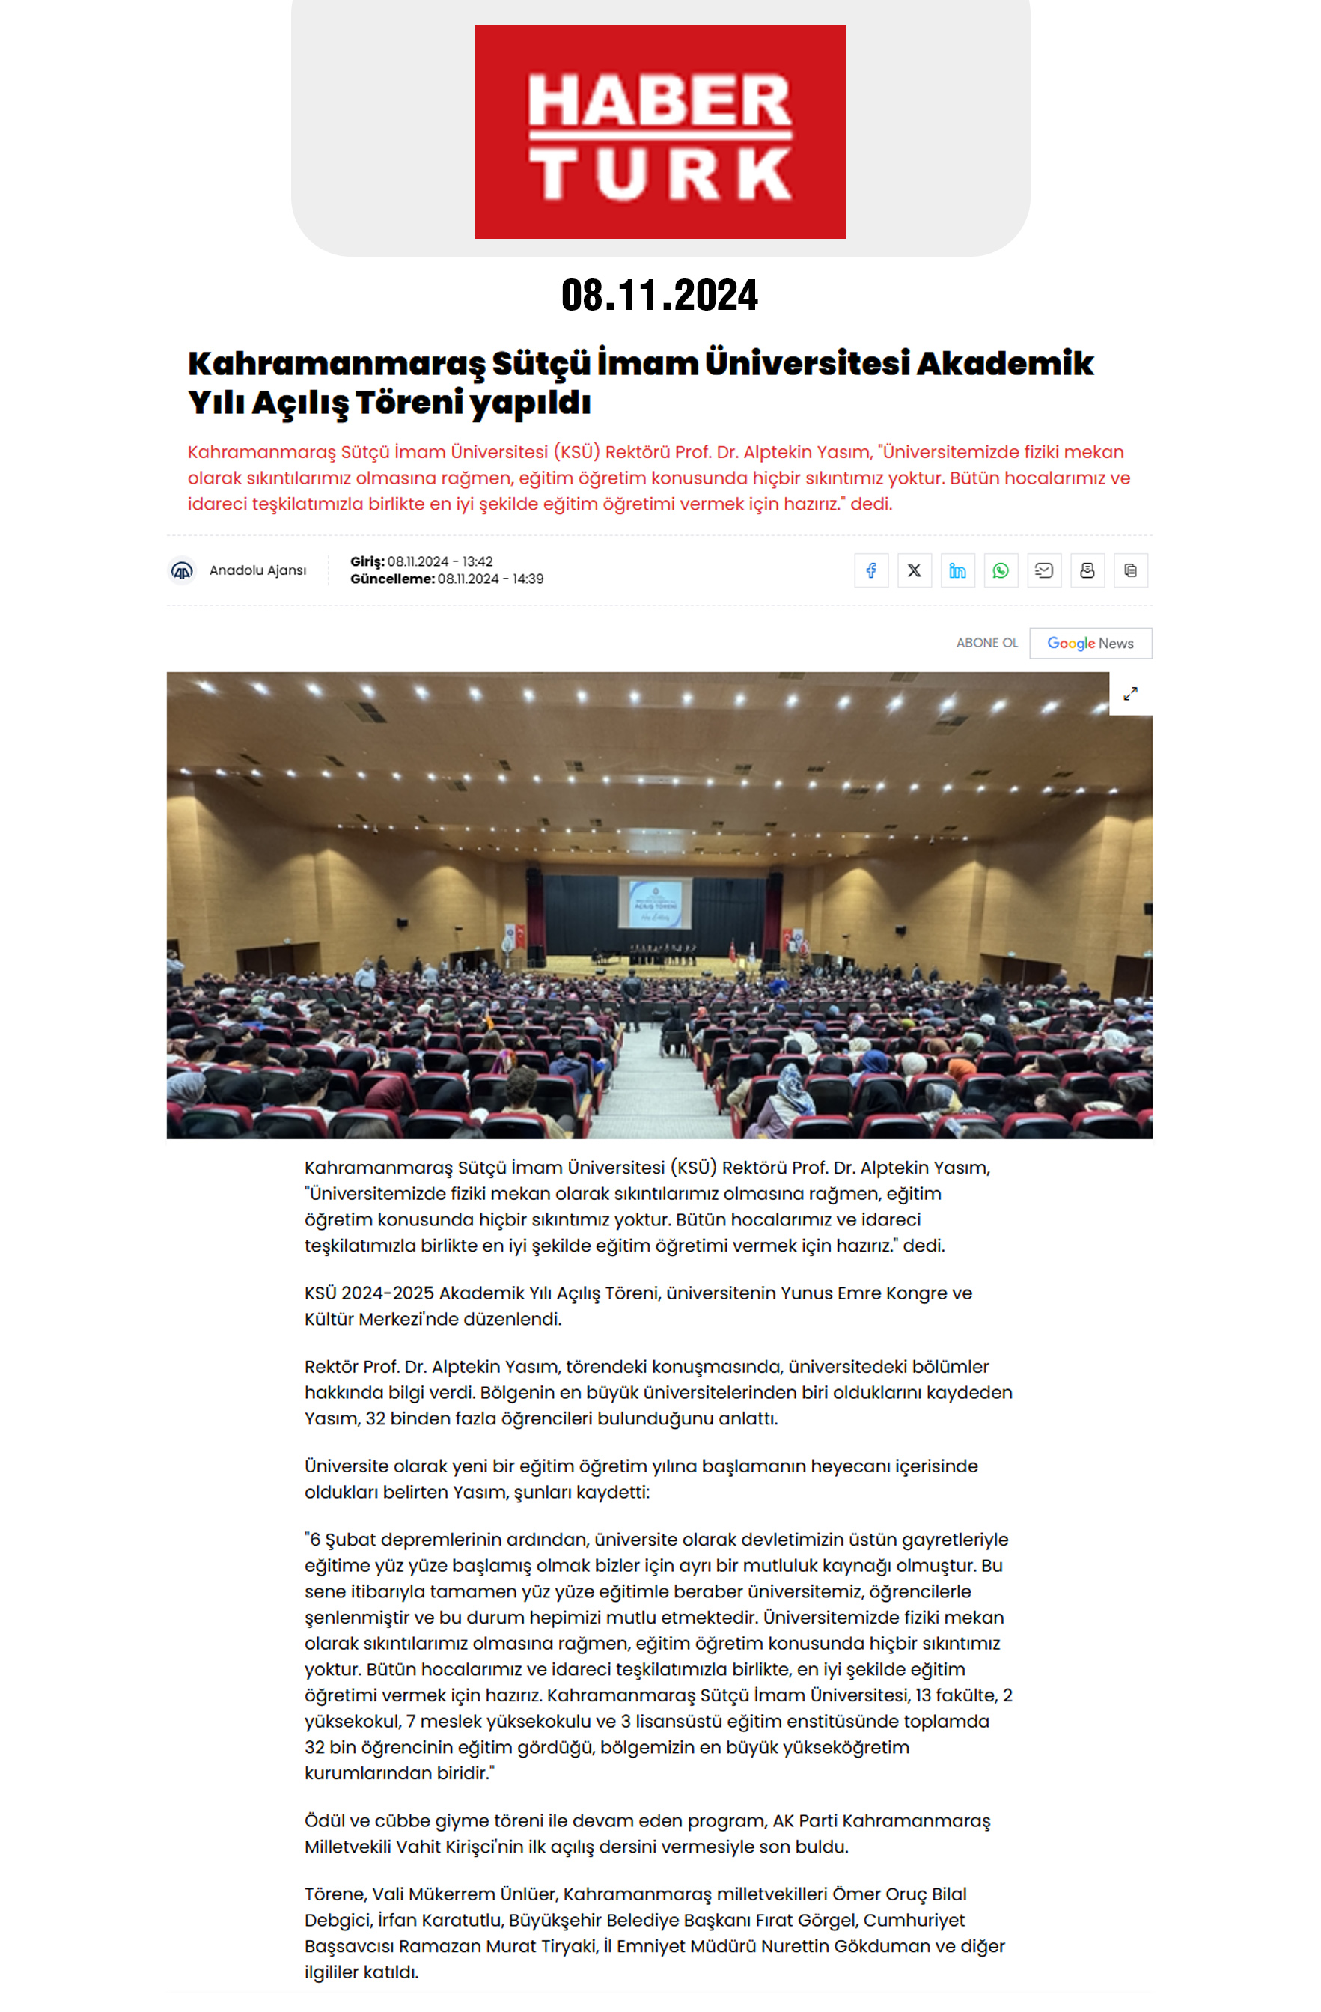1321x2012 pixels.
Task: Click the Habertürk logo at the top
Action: click(659, 132)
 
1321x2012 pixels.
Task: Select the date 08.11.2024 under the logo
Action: click(659, 295)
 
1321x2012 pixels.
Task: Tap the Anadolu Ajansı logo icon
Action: click(182, 570)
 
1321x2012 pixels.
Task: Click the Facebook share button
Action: click(870, 570)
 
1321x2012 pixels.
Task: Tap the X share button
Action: click(914, 570)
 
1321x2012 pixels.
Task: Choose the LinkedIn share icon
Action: click(957, 570)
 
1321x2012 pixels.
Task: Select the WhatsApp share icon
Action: click(1001, 570)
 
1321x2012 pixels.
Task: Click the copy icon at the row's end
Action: click(1130, 570)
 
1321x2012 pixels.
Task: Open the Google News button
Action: click(1090, 643)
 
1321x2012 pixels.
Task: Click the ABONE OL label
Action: click(986, 643)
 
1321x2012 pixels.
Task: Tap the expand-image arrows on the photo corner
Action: click(1130, 694)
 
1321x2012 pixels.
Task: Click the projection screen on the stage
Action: click(655, 903)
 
